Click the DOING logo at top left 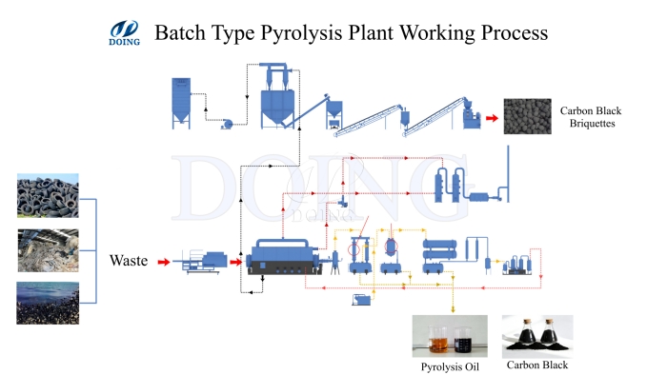pos(126,33)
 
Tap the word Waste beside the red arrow pos(128,260)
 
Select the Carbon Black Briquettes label pos(593,116)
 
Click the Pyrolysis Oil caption pos(449,365)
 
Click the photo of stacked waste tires pos(48,194)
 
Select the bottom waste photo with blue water pos(48,302)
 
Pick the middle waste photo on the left pos(48,248)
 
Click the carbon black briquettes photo pos(530,116)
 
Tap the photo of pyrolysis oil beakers pos(449,335)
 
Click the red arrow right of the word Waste pos(164,260)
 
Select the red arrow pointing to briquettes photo pos(493,118)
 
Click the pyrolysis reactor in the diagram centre pos(286,259)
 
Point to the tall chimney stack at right pos(508,171)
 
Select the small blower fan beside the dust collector pos(226,123)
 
